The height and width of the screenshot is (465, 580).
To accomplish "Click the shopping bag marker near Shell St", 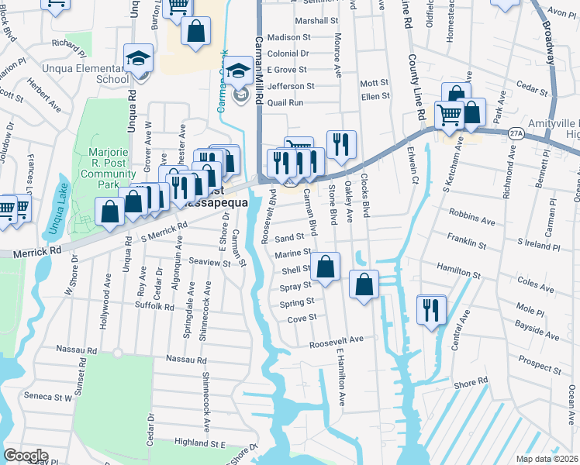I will (326, 267).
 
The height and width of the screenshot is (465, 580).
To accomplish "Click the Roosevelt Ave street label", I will (336, 341).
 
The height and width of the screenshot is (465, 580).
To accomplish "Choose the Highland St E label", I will (199, 443).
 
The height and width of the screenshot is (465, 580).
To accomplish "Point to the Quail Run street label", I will (285, 102).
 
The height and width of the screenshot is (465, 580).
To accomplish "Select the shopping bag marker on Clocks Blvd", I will (364, 284).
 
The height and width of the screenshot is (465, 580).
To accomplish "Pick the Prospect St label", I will (535, 360).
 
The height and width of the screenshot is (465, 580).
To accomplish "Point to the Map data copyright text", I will (547, 459).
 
